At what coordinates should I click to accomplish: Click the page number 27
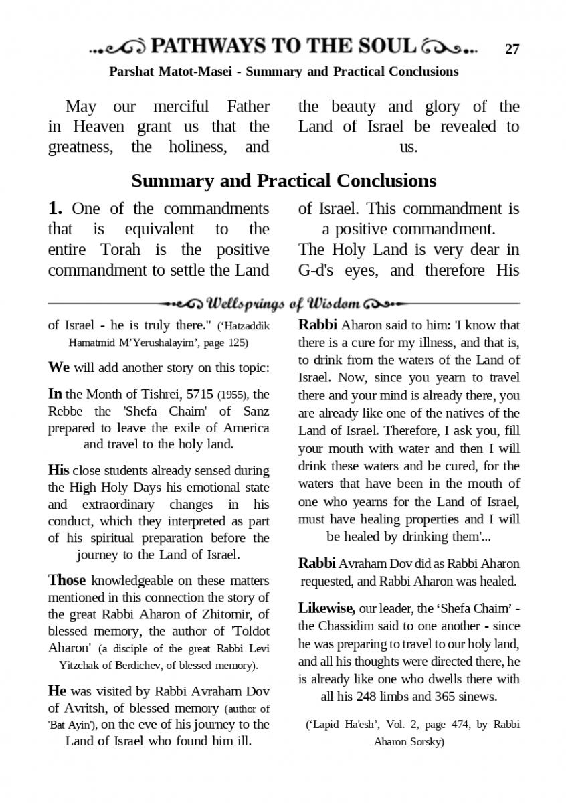pos(512,49)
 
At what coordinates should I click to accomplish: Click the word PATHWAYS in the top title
pos(207,46)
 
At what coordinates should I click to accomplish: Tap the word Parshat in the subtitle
pos(132,72)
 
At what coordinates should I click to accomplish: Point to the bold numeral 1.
pos(55,208)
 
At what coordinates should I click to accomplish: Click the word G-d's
pos(318,270)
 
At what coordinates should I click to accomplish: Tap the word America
pos(244,428)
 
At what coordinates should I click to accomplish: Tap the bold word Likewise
pos(326,608)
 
